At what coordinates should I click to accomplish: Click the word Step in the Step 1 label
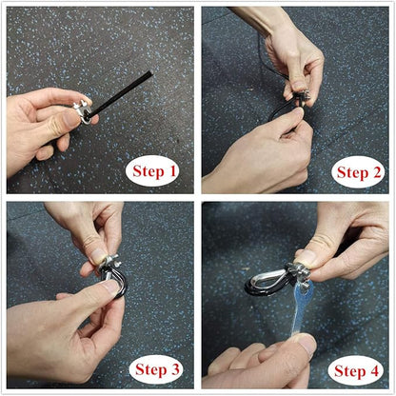pos(148,171)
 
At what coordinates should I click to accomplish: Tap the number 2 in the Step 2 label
pos(376,172)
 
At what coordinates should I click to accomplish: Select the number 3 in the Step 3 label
pos(174,369)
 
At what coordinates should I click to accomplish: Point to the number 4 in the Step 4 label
pos(374,370)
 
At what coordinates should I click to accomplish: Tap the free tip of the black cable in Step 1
pos(151,73)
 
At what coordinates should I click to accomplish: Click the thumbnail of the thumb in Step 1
pos(70,119)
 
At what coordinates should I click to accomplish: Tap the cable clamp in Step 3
pos(108,264)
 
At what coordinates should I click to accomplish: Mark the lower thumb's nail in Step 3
pos(111,288)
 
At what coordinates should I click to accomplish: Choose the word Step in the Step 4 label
pos(350,370)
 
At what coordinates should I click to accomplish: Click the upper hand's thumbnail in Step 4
pos(303,256)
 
